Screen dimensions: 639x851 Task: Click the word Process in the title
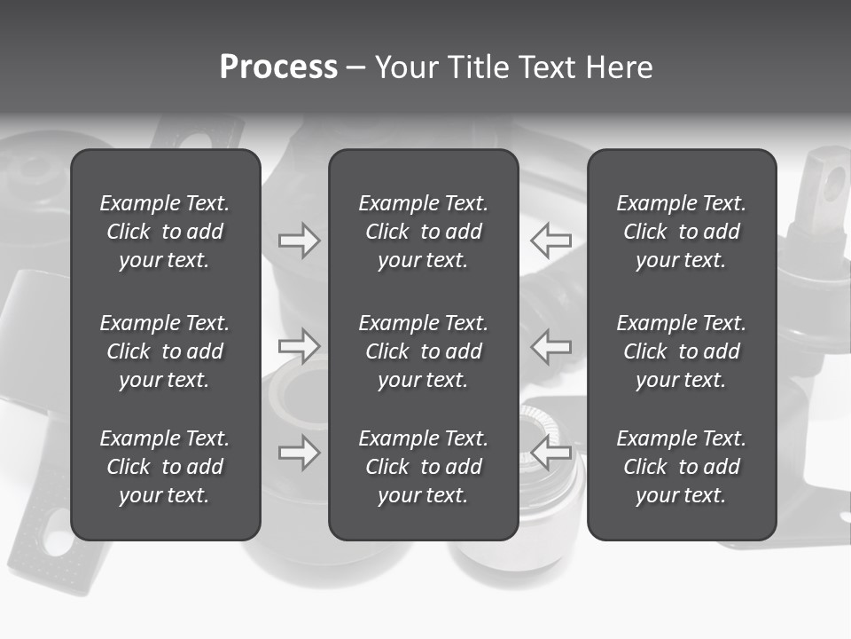coord(278,67)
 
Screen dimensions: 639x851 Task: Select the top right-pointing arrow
coord(299,240)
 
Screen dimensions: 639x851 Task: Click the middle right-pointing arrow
coord(299,346)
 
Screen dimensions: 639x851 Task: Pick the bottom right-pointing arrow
coord(299,453)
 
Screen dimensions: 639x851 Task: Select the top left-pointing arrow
coord(551,240)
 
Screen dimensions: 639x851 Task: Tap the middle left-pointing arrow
coord(551,346)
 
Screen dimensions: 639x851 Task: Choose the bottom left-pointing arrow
coord(551,453)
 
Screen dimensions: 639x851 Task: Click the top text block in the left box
coord(165,232)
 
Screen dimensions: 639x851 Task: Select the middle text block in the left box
coord(165,351)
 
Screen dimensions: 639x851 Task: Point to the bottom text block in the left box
coord(165,467)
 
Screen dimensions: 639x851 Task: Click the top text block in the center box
coord(423,232)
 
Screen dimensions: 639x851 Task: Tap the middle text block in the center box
coord(423,351)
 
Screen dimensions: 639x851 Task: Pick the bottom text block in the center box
coord(423,467)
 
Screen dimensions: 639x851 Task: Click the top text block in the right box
coord(681,232)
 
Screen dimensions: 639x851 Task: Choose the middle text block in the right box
coord(681,351)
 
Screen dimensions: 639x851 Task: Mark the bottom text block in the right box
coord(681,467)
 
